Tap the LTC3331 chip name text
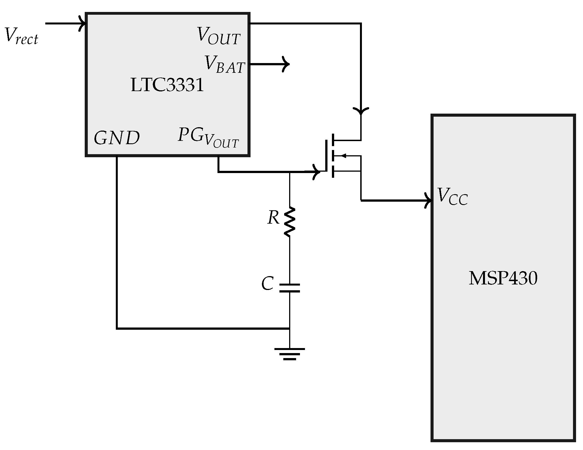click(x=167, y=85)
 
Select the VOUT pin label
click(x=219, y=36)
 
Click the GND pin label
click(x=117, y=138)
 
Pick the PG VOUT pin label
click(x=208, y=138)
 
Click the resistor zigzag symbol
click(x=289, y=222)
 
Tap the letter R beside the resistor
click(x=273, y=218)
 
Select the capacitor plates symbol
click(x=289, y=288)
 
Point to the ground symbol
click(x=289, y=353)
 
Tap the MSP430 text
click(x=503, y=279)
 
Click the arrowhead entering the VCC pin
click(x=428, y=200)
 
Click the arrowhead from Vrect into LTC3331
click(x=82, y=24)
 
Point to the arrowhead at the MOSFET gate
click(x=317, y=172)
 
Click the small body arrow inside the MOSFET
click(x=343, y=156)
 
